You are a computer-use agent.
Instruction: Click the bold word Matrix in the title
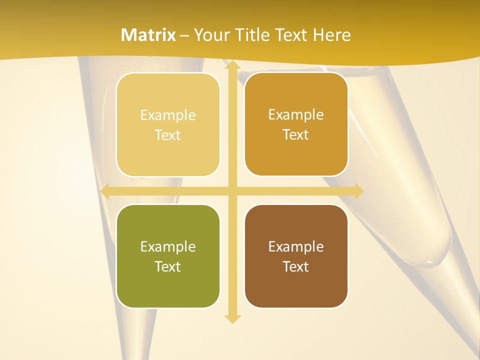click(148, 35)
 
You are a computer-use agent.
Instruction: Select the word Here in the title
click(332, 35)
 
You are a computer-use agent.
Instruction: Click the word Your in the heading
click(210, 35)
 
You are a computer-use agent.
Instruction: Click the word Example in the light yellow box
click(168, 115)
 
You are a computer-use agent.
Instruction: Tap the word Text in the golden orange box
click(296, 134)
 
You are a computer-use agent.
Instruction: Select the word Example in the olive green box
click(168, 247)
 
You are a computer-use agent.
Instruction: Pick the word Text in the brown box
click(296, 266)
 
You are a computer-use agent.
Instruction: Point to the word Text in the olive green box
click(168, 266)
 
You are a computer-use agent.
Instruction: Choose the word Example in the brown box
click(296, 247)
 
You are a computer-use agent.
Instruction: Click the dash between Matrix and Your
click(184, 35)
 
